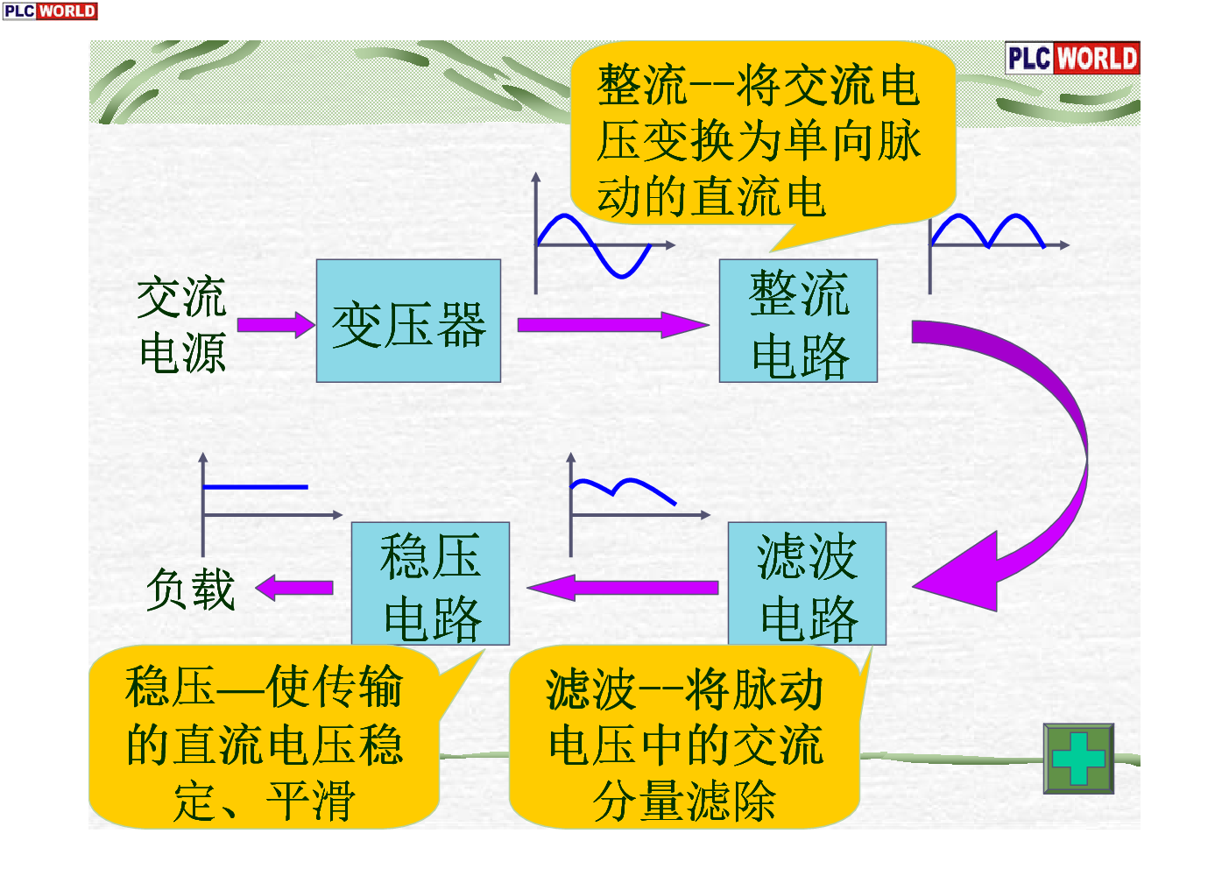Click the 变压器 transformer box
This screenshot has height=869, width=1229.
pyautogui.click(x=409, y=321)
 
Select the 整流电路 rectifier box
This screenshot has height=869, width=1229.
pyautogui.click(x=798, y=321)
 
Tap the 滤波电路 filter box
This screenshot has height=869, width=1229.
pyautogui.click(x=807, y=583)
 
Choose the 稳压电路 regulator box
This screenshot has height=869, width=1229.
pyautogui.click(x=431, y=583)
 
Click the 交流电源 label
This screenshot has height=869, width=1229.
pyautogui.click(x=181, y=325)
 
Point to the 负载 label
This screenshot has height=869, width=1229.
pyautogui.click(x=190, y=590)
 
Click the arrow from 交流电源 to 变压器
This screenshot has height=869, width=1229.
pyautogui.click(x=276, y=325)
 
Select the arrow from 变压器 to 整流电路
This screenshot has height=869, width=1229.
pyautogui.click(x=613, y=325)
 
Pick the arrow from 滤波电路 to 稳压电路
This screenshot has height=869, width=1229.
pyautogui.click(x=623, y=588)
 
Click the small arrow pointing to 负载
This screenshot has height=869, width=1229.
pyautogui.click(x=294, y=588)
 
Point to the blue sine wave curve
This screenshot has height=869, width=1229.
pyautogui.click(x=595, y=246)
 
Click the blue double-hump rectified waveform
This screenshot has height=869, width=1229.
pyautogui.click(x=987, y=230)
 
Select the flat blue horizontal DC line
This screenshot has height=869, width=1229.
pyautogui.click(x=255, y=486)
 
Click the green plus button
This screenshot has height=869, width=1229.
pyautogui.click(x=1078, y=759)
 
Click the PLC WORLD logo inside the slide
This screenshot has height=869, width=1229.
pyautogui.click(x=1072, y=58)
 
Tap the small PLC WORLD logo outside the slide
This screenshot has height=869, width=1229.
pyautogui.click(x=50, y=11)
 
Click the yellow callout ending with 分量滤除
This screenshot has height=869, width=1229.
pyautogui.click(x=685, y=740)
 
